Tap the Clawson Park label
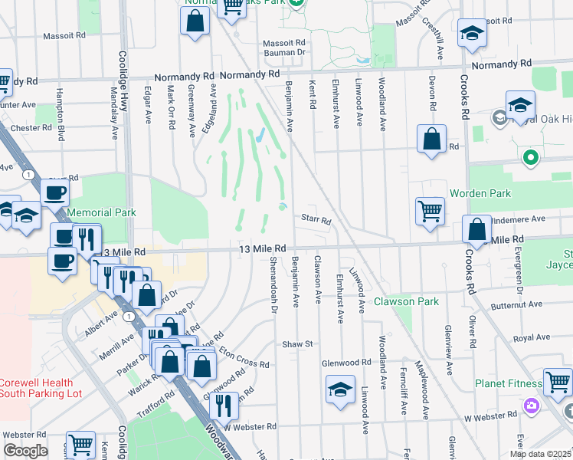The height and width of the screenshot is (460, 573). click(406, 301)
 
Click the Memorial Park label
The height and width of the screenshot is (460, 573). click(101, 212)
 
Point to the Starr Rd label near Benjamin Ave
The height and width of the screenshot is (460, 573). click(315, 221)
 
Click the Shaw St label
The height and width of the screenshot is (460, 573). click(299, 344)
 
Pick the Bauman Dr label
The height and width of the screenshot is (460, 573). click(284, 53)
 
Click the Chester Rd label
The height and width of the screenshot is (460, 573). click(31, 128)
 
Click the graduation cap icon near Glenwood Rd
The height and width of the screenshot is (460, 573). click(340, 389)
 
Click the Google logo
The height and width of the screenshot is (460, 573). click(25, 451)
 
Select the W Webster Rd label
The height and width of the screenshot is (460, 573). click(252, 426)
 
